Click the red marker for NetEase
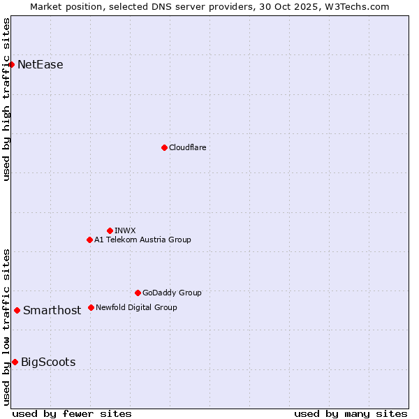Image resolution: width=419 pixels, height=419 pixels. point(11,65)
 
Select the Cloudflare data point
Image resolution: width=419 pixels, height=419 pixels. point(164,147)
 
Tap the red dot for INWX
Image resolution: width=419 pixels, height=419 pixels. point(110,230)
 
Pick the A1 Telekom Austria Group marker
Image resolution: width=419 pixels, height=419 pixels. point(89,240)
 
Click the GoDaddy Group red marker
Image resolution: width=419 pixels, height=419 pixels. point(138,293)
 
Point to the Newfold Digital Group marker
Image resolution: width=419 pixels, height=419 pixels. point(91,307)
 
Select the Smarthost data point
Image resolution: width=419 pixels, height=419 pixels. point(17,310)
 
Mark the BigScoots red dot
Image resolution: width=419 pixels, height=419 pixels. point(15,362)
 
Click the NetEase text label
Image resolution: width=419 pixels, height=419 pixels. point(41,65)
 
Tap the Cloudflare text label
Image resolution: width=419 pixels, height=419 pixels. point(188,147)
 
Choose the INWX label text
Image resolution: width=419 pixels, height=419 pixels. point(126,230)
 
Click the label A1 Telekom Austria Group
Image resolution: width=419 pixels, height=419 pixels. point(143,240)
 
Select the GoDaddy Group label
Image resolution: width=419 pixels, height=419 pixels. point(172,293)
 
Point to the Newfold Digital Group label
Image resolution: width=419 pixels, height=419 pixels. point(137,307)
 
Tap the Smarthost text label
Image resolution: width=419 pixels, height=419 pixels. point(52,311)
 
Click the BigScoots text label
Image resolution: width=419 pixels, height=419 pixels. point(48,362)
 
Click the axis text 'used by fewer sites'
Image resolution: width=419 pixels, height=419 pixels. point(72,413)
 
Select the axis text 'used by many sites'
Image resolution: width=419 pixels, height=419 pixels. point(351,413)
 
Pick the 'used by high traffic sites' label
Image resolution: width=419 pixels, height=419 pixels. point(6,99)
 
